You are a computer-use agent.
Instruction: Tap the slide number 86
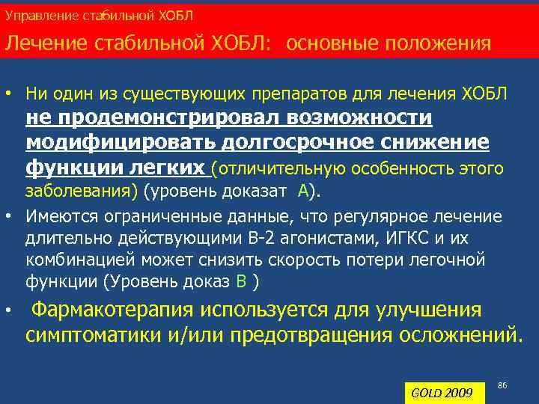click(502, 385)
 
